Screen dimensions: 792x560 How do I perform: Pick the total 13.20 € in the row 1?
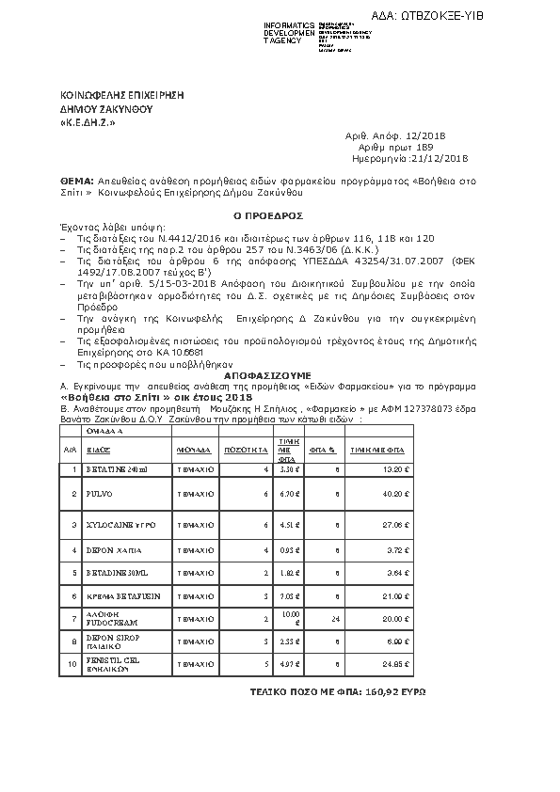[x=402, y=468]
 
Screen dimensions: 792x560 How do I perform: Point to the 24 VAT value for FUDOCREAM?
[x=335, y=619]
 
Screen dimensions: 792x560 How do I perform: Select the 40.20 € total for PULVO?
[x=402, y=493]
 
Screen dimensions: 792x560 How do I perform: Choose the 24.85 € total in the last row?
[x=402, y=664]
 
